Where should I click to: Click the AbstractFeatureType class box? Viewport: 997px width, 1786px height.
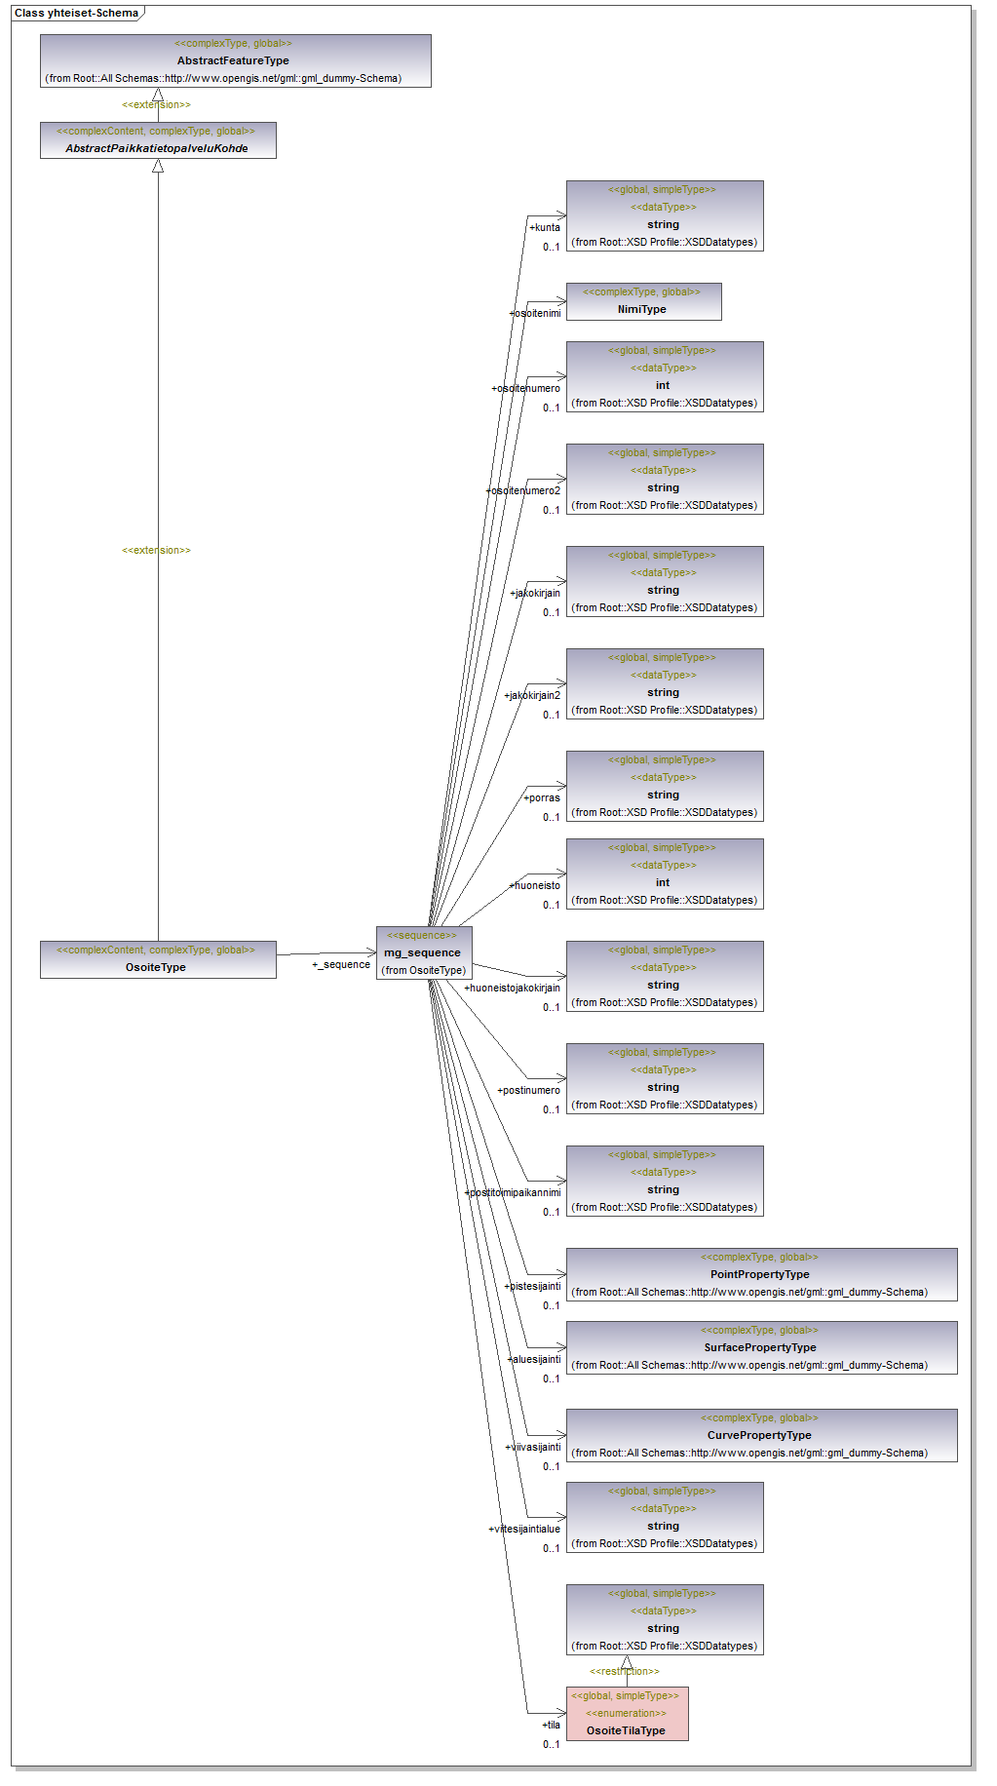pos(235,60)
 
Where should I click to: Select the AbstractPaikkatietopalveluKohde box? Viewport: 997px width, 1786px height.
pos(158,139)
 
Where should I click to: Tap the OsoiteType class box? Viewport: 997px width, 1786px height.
pos(158,959)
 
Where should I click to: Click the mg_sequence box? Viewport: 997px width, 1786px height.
pos(423,952)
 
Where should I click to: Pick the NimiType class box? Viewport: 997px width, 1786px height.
pos(643,301)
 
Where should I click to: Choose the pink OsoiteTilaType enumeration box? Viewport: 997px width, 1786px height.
pos(627,1713)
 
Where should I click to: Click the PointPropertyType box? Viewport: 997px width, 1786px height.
pos(761,1274)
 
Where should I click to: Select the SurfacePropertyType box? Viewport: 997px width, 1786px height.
pos(761,1347)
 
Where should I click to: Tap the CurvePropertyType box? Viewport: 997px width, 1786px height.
pos(761,1435)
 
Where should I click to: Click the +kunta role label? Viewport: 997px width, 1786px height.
pos(545,227)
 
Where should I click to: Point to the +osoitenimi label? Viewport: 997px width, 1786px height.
pos(535,313)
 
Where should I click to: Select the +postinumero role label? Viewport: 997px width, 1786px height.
pos(529,1090)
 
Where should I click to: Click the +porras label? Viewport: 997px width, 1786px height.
pos(542,797)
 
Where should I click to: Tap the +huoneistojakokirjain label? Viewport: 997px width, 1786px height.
pos(513,988)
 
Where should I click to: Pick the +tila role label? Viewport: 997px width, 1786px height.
pos(552,1725)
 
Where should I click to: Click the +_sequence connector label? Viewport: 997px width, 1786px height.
pos(341,964)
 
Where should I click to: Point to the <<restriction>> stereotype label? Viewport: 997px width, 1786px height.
pos(625,1671)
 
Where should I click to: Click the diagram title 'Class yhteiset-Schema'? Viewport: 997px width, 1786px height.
pos(76,13)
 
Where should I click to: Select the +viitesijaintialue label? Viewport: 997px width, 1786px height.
pos(524,1529)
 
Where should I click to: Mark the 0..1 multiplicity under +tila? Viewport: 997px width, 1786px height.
pos(552,1744)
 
